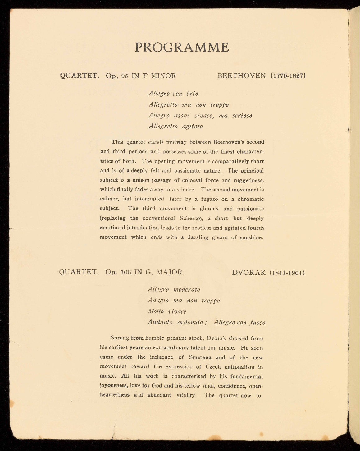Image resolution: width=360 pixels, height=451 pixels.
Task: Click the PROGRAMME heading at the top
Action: [182, 47]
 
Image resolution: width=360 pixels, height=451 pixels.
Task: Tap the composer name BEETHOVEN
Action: [242, 76]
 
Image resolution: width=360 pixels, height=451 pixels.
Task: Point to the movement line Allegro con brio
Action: [173, 94]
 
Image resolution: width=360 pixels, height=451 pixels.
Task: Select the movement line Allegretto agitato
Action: [175, 126]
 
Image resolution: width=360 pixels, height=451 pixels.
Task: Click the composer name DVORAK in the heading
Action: [249, 273]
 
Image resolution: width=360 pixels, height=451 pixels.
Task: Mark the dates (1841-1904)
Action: [287, 273]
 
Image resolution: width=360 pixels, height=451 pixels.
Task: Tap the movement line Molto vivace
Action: [167, 311]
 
